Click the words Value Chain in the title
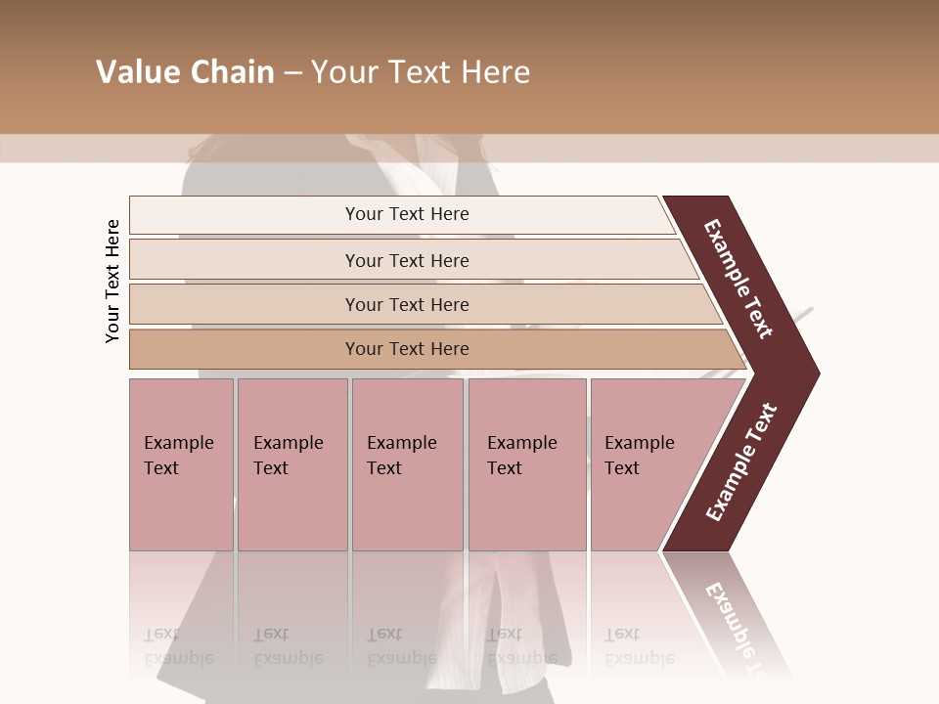pos(185,72)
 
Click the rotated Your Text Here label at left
pos(112,281)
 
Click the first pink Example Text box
pos(181,464)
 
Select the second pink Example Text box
pos(292,464)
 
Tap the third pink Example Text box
pos(407,464)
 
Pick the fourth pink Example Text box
pos(527,464)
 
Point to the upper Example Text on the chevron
pos(738,279)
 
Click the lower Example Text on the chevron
pos(741,462)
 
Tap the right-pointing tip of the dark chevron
pos(814,373)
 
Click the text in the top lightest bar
pos(407,214)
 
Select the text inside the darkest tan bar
pos(407,349)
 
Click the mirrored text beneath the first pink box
pos(178,646)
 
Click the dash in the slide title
pos(292,73)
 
